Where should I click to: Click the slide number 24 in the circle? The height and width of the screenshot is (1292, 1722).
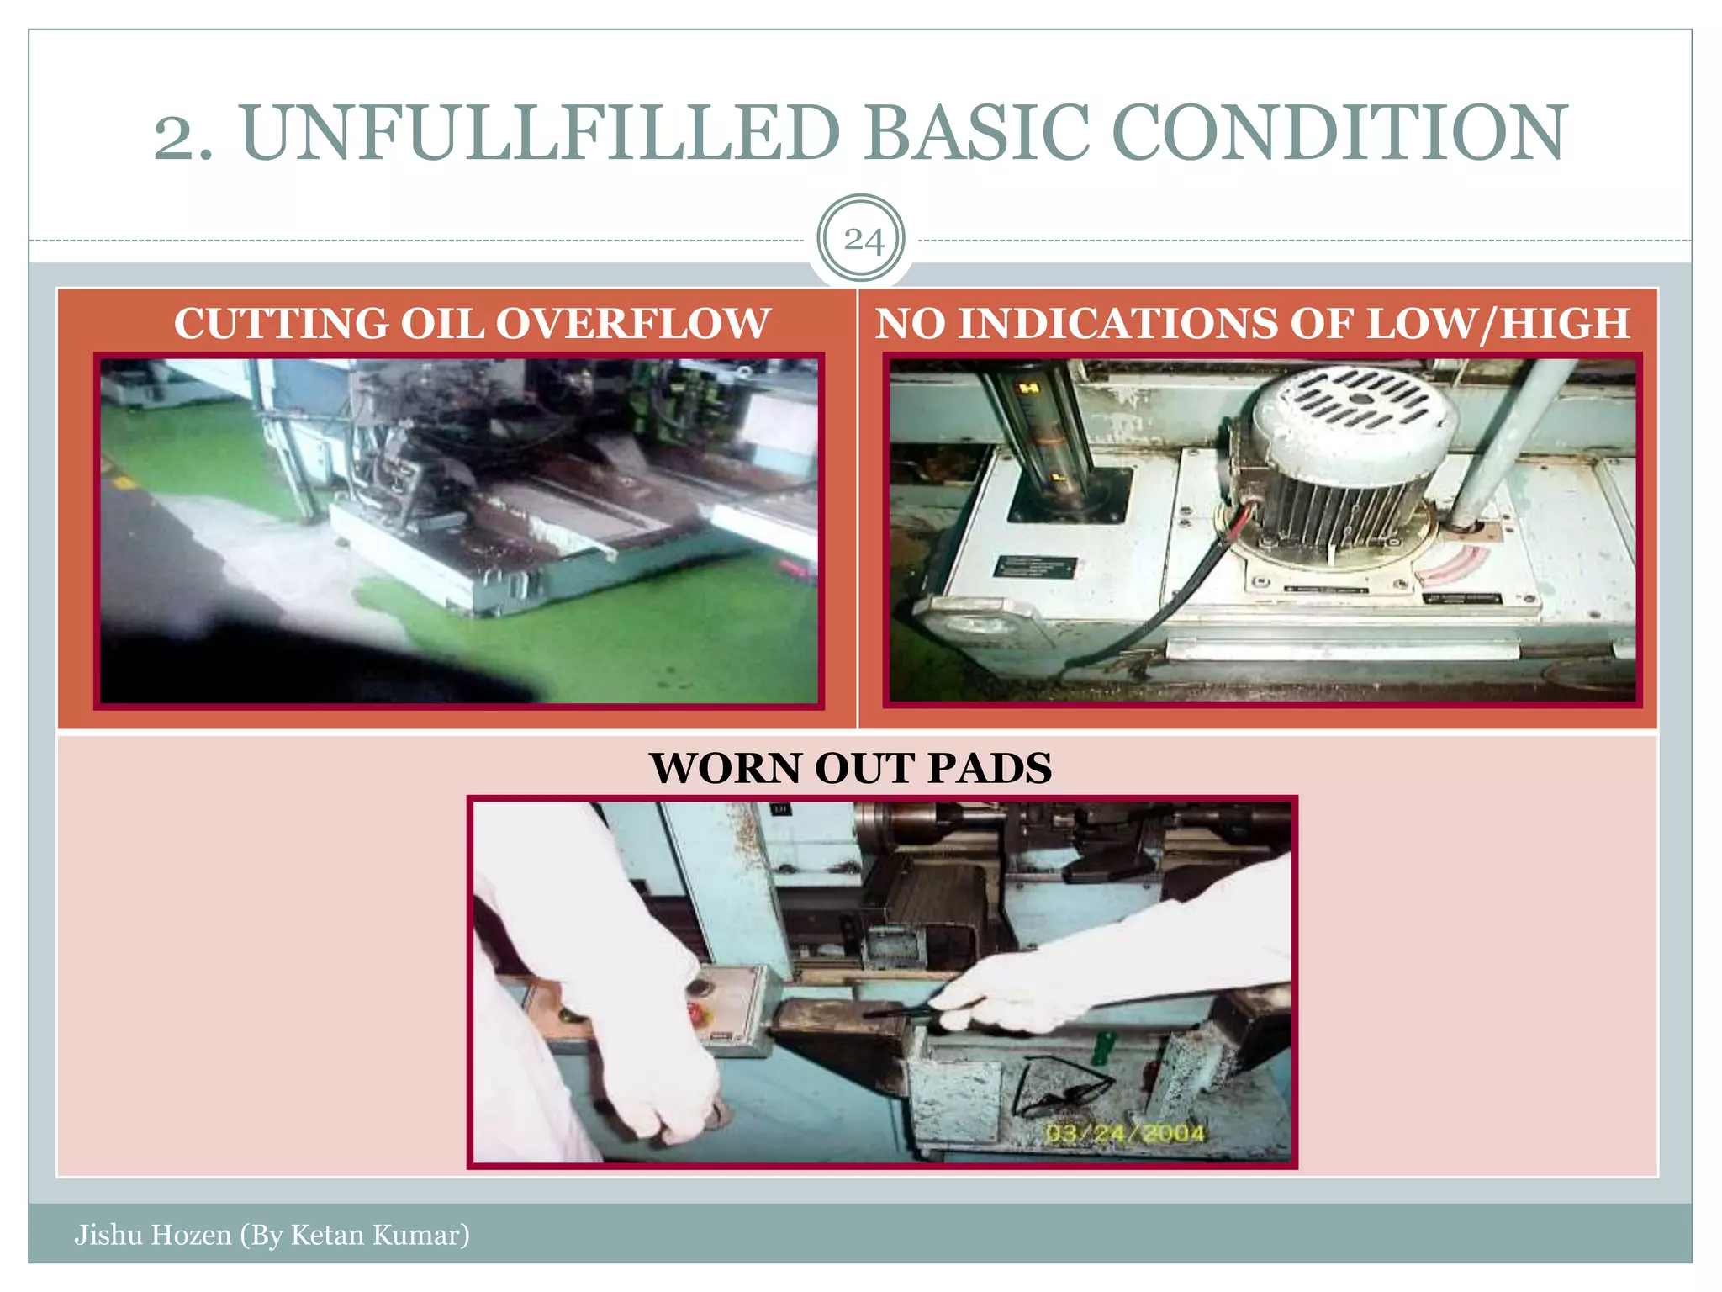click(x=863, y=241)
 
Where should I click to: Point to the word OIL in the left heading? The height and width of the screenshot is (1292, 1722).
click(x=446, y=324)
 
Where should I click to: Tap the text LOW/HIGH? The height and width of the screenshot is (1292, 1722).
click(x=1498, y=324)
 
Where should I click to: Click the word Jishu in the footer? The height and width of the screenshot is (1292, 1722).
click(x=107, y=1235)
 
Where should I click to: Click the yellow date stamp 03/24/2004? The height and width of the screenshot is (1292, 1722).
click(x=1125, y=1134)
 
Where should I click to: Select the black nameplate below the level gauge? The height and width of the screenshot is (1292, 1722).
click(x=1034, y=566)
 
